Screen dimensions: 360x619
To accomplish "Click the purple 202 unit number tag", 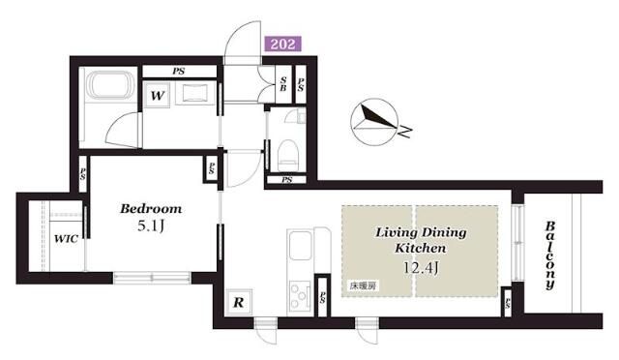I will [282, 44].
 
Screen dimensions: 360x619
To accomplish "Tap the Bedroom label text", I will [150, 208].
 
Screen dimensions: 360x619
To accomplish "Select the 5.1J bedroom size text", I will [150, 228].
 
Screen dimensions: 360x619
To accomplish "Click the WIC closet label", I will [66, 238].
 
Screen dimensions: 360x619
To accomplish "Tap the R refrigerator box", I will [238, 302].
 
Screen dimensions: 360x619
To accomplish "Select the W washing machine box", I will [157, 95].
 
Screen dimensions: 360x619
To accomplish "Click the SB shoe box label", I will [282, 84].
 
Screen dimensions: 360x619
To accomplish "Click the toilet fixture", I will [287, 150].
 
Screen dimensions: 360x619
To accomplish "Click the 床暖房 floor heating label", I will [362, 287].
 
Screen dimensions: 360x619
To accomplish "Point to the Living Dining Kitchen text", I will [420, 240].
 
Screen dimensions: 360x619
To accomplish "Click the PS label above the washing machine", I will [180, 70].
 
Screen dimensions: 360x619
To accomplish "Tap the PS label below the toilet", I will [287, 179].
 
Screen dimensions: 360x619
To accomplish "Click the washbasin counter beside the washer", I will [199, 95].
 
